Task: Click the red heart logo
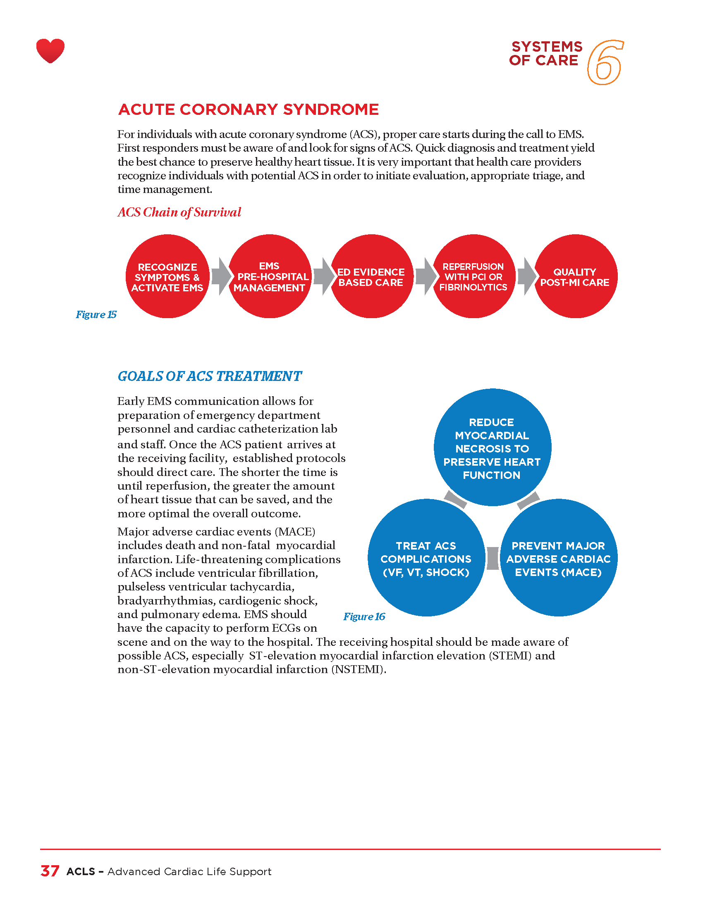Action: click(x=50, y=50)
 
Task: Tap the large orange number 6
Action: click(x=605, y=62)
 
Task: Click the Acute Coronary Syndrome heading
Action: click(x=249, y=109)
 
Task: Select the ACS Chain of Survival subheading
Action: click(x=179, y=212)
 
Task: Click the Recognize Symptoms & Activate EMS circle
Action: click(x=167, y=277)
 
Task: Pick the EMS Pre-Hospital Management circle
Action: click(x=270, y=277)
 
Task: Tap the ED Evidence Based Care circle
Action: click(x=371, y=277)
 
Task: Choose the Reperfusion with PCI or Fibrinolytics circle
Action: click(x=473, y=277)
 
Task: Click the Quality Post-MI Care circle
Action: click(x=575, y=277)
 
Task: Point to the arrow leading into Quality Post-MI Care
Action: click(x=526, y=276)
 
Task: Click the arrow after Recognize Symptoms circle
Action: click(x=221, y=276)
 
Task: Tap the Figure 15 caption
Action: click(x=96, y=315)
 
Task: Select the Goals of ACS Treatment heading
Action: click(x=210, y=376)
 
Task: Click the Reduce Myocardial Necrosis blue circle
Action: click(x=492, y=448)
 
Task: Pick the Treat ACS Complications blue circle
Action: click(x=426, y=558)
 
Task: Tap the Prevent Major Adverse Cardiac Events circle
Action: click(x=559, y=558)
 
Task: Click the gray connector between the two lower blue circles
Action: click(x=493, y=558)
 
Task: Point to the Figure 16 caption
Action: click(x=364, y=616)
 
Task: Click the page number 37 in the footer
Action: click(x=50, y=871)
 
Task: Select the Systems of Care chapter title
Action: click(x=545, y=53)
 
